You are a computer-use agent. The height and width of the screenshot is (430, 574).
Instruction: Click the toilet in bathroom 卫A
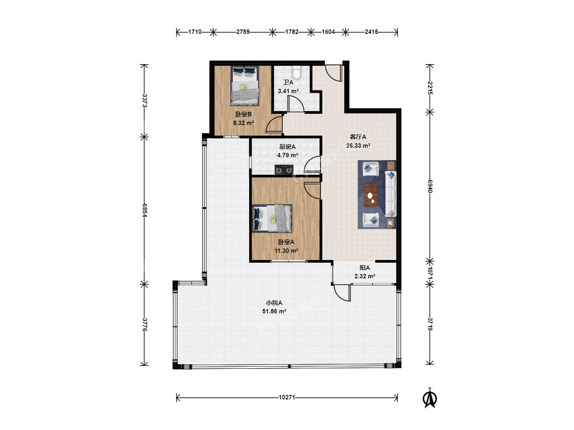pos(297,72)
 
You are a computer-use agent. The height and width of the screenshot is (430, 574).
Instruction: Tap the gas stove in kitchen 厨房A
pos(284,170)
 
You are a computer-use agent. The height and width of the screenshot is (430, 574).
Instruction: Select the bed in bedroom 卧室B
pos(245,86)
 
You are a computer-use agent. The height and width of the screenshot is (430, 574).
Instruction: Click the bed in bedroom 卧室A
pos(272,218)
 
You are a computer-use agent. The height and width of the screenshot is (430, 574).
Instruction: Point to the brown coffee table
pos(371,195)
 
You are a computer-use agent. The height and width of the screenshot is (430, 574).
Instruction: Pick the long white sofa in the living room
pos(390,194)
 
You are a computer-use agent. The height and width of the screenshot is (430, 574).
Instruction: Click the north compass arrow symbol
pos(430,398)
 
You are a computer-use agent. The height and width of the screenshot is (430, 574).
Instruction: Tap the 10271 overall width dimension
pos(287,397)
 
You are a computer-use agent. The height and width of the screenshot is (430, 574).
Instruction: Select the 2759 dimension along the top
pos(243,32)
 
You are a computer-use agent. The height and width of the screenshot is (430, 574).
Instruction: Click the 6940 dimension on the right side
pos(430,186)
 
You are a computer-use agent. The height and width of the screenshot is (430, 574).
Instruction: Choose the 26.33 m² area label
pos(358,146)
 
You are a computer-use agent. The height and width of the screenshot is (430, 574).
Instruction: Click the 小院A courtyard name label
pos(274,303)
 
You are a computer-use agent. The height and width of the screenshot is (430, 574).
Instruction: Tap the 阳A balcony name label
pos(365,268)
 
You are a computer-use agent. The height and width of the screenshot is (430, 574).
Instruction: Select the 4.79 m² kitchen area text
pos(288,155)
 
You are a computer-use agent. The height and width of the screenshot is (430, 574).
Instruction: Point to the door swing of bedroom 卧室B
pos(274,125)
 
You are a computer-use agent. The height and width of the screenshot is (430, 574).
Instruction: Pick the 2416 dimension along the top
pos(372,32)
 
